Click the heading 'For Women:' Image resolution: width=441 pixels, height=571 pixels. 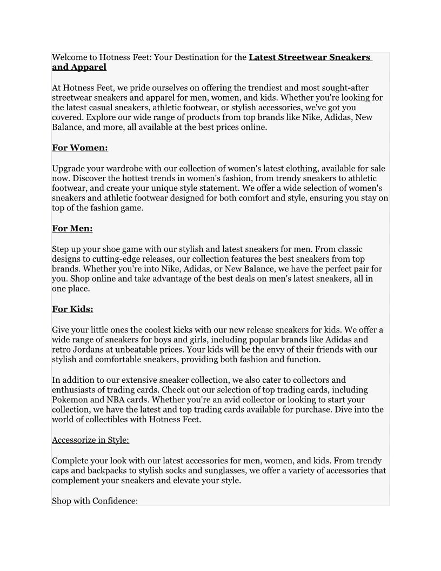tap(80, 148)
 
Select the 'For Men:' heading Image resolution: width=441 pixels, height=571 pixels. tap(72, 228)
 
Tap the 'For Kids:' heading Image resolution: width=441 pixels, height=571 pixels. tap(72, 309)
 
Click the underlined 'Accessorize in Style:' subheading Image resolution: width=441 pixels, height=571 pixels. tap(90, 440)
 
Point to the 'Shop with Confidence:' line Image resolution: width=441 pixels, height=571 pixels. tap(95, 501)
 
